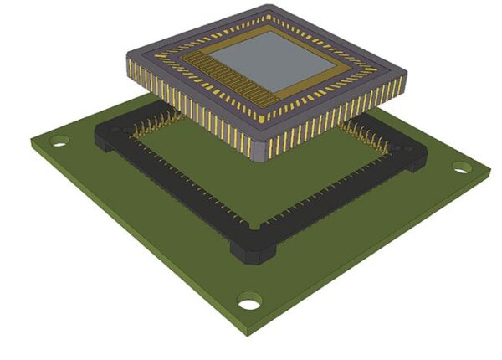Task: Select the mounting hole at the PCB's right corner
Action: tap(461, 167)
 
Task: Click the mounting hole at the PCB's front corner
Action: tap(248, 301)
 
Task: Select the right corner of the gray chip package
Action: tap(403, 84)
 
